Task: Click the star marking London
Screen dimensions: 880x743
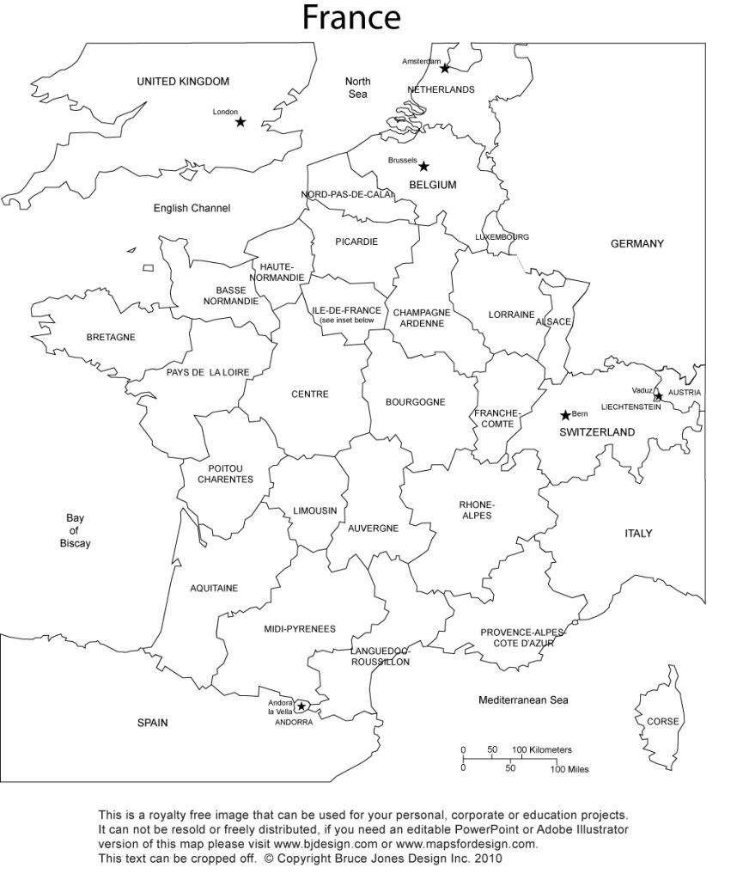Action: click(x=241, y=122)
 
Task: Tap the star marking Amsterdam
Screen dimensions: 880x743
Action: click(x=445, y=68)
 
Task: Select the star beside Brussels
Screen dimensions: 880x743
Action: click(x=423, y=167)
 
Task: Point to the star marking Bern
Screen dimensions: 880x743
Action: click(x=565, y=415)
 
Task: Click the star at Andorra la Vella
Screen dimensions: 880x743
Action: click(x=301, y=706)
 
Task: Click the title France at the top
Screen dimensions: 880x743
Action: click(x=351, y=17)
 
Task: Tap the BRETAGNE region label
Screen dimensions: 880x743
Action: click(x=111, y=337)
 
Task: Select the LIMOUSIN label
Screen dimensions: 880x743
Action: click(x=315, y=510)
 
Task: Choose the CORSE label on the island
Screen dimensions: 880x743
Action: click(x=662, y=721)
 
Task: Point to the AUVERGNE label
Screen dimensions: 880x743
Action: click(x=373, y=529)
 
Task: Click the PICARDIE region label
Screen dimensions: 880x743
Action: click(x=356, y=241)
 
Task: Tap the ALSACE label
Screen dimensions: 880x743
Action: click(x=553, y=321)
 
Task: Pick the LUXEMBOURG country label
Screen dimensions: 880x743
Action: click(x=502, y=236)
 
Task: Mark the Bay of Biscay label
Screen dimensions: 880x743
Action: click(x=75, y=530)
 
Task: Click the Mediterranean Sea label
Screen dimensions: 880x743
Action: click(x=523, y=700)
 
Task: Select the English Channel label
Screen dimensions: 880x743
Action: click(x=192, y=208)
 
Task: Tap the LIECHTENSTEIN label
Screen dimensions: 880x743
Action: click(x=631, y=406)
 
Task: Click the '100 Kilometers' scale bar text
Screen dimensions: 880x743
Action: click(x=543, y=750)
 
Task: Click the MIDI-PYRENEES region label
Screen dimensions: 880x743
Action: click(x=300, y=629)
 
